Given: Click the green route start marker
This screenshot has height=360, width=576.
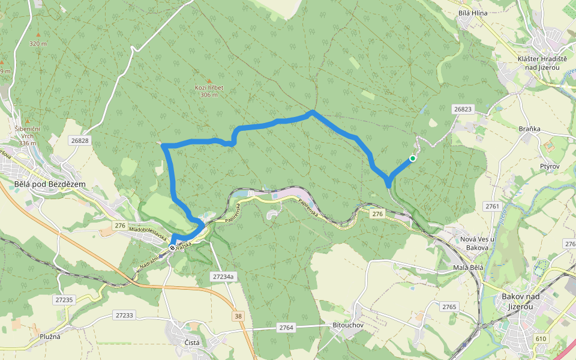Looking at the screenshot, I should (413, 158).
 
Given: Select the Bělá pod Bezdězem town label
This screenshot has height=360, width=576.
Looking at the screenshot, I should (50, 184).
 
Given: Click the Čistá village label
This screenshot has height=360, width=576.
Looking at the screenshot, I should (192, 343).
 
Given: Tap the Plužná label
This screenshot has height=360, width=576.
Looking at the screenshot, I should (50, 337).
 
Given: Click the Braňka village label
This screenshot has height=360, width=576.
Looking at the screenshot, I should (530, 128).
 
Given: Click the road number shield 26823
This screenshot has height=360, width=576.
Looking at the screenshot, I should (463, 109).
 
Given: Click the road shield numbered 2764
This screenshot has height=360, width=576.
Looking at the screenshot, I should (286, 327).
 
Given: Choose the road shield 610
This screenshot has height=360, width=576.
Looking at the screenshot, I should (541, 338).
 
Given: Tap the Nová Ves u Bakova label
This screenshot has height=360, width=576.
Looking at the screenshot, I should (476, 243).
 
